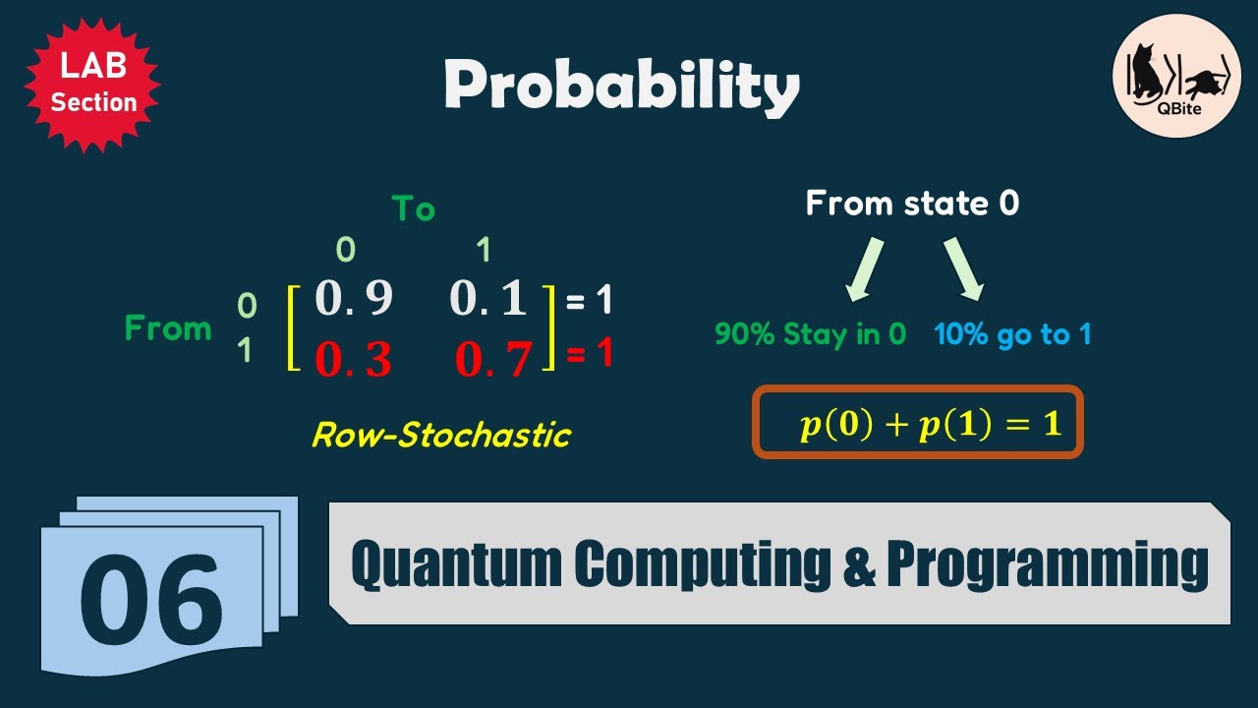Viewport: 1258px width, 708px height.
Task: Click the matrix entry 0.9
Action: click(x=354, y=299)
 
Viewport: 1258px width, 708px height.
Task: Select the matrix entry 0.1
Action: click(x=489, y=299)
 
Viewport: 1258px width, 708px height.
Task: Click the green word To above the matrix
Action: click(x=413, y=208)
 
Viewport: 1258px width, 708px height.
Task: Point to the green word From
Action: click(x=168, y=328)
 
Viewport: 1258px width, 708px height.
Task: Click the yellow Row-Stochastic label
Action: click(x=440, y=435)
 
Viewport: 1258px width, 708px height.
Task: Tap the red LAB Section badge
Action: click(x=92, y=86)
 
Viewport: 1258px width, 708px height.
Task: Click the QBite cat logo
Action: click(x=1176, y=83)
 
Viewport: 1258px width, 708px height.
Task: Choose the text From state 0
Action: click(x=912, y=204)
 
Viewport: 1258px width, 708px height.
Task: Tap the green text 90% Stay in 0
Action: click(x=810, y=334)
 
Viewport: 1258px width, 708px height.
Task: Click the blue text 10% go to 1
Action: click(x=1012, y=334)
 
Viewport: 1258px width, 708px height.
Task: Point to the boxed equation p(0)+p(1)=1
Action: click(x=918, y=422)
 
